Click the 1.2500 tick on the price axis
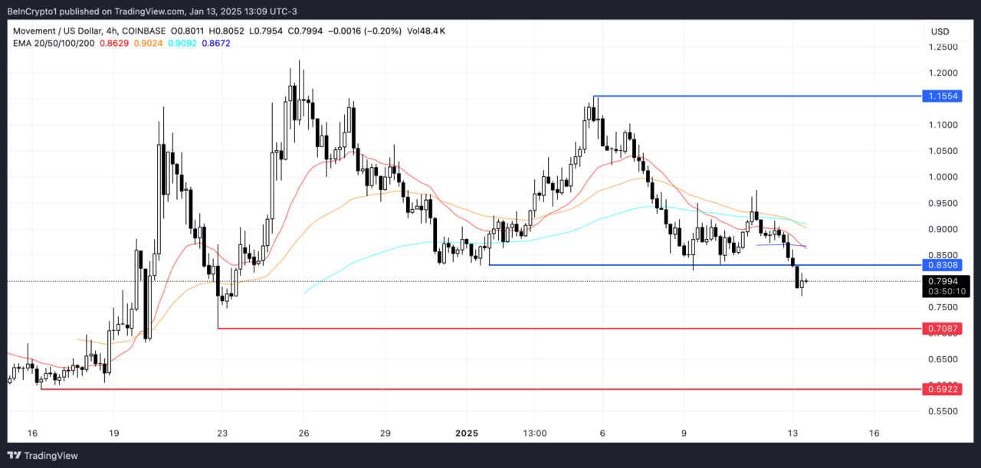coord(943,47)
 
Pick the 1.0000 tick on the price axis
coord(943,177)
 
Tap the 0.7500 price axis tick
coord(943,307)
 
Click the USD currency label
coord(940,31)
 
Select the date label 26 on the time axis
coord(303,433)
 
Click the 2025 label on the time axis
coord(466,433)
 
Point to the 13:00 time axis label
coord(535,433)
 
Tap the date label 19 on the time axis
coord(113,433)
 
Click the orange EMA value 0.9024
coord(147,43)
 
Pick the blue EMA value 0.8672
coord(215,43)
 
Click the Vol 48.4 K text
coord(426,31)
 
